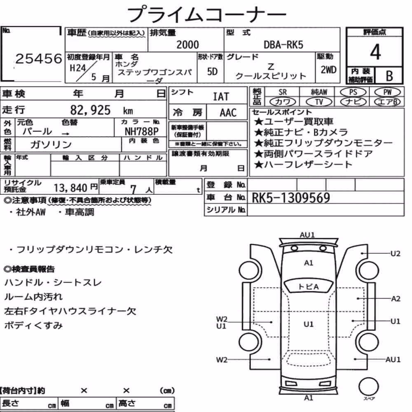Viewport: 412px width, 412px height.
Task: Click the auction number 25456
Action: click(x=39, y=59)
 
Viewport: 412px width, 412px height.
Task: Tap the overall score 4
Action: click(x=375, y=52)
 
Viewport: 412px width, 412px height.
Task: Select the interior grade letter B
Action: click(x=389, y=76)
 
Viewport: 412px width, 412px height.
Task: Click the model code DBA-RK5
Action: click(x=283, y=44)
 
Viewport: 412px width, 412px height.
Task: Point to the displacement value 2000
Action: click(x=187, y=44)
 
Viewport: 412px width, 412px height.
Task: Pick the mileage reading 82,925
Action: click(x=90, y=110)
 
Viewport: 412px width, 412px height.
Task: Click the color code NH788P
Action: click(x=141, y=131)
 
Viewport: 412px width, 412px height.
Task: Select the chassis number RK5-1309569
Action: click(x=290, y=198)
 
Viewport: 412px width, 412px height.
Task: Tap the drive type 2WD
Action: click(x=328, y=70)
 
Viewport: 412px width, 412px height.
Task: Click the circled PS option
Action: click(x=353, y=92)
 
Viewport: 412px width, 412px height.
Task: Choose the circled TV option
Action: click(x=319, y=102)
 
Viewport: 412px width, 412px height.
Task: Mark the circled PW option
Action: click(x=387, y=92)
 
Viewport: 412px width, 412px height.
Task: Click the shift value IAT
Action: click(x=221, y=97)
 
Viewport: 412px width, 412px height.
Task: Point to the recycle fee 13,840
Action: click(x=70, y=188)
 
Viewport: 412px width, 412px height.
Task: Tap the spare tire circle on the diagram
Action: click(x=368, y=386)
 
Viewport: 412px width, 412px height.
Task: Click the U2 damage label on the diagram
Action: click(x=395, y=253)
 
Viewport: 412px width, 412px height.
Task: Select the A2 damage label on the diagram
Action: click(x=396, y=299)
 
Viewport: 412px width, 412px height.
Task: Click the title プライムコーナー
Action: click(x=206, y=14)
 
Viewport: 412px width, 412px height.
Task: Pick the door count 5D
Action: click(x=212, y=71)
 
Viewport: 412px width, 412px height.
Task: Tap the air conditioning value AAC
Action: click(x=228, y=113)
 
